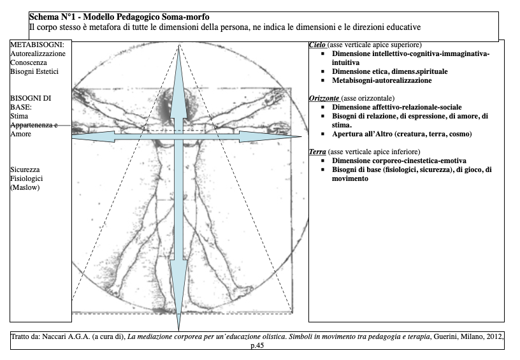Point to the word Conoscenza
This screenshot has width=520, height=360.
pos(30,62)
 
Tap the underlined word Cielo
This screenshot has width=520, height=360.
pos(317,45)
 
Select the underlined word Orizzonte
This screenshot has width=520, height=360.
pos(324,98)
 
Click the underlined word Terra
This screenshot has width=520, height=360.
pos(317,152)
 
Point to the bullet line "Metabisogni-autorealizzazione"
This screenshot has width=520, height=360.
pos(382,80)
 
